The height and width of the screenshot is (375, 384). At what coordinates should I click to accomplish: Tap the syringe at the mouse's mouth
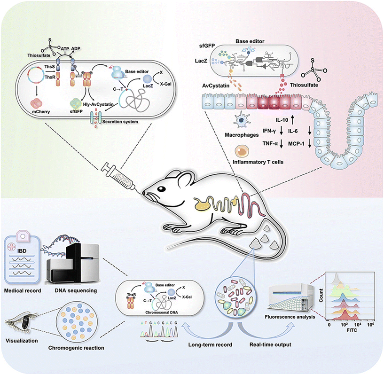(x=122, y=176)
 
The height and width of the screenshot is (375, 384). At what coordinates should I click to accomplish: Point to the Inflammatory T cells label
(x=258, y=164)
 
